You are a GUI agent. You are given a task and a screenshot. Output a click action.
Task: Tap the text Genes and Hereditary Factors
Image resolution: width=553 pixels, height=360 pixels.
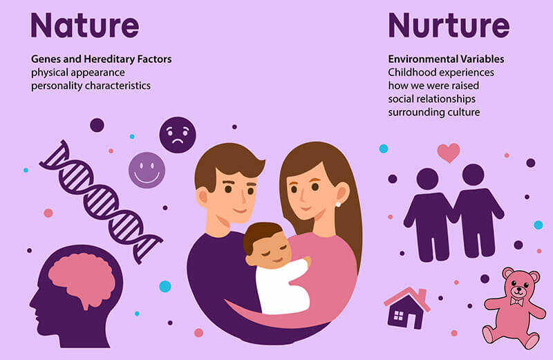point(101,59)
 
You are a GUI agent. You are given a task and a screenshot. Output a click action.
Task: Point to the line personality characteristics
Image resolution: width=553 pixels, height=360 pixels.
point(91,86)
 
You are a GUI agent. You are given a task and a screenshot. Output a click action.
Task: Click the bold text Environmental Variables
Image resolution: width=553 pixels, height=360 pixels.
point(446,59)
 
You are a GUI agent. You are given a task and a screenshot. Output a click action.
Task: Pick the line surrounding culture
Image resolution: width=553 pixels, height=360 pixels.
point(434,112)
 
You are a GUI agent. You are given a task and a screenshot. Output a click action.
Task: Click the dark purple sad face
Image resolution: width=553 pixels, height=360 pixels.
point(178,135)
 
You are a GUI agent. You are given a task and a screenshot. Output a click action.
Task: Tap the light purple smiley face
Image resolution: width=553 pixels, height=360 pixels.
point(147,170)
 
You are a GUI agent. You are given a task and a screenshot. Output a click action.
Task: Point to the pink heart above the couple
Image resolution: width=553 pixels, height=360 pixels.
point(448,152)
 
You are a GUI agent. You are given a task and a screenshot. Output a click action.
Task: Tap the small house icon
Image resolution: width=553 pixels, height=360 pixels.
point(407,308)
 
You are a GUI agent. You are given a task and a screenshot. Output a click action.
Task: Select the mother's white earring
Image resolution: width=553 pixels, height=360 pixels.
point(338,203)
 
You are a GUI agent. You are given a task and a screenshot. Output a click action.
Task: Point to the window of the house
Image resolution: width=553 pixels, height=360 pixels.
point(398,316)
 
